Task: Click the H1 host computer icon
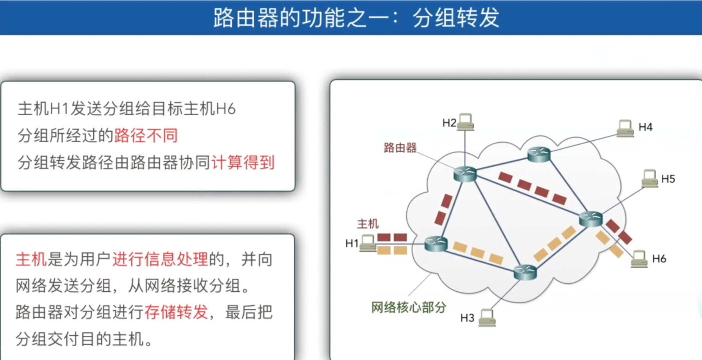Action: pos(368,243)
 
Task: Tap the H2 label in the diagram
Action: pos(449,123)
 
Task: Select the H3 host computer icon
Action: pos(487,317)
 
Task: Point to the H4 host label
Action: pos(645,127)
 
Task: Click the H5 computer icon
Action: pos(649,178)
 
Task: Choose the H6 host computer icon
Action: pos(639,259)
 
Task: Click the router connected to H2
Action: pos(465,174)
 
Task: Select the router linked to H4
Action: pos(539,154)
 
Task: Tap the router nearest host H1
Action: pos(436,244)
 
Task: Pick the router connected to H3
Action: pos(525,272)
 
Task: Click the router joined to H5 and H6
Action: pos(590,219)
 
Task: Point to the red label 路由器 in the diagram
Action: pos(400,148)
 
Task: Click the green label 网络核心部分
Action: pos(408,308)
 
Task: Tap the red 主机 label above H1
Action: pos(368,224)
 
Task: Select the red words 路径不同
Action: pos(146,136)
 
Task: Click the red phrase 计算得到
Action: pos(243,163)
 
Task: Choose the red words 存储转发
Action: pos(176,312)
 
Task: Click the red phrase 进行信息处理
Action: pos(160,259)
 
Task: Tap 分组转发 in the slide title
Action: pos(456,18)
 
